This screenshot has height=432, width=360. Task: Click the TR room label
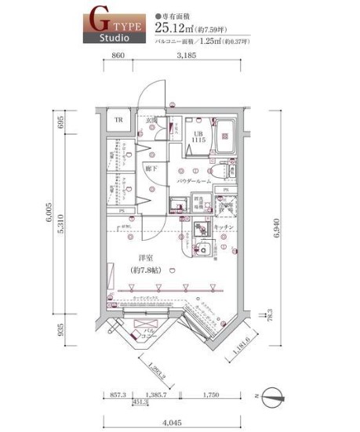click(118, 121)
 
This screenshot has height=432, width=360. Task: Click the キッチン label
click(224, 227)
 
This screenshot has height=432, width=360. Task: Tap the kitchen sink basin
click(202, 252)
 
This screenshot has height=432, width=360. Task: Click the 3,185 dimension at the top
click(185, 55)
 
